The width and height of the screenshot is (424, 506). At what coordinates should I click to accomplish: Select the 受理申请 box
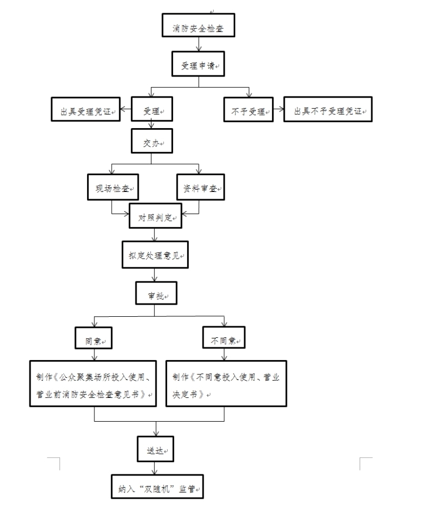click(x=198, y=65)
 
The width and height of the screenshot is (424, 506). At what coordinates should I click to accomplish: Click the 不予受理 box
click(x=248, y=110)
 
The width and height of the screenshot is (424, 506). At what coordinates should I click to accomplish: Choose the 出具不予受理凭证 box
click(x=327, y=110)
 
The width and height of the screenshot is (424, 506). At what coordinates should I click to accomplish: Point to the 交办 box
click(x=150, y=141)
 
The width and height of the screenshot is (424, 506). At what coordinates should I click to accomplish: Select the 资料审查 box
click(x=199, y=189)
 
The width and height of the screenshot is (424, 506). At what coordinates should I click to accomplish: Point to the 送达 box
click(x=156, y=448)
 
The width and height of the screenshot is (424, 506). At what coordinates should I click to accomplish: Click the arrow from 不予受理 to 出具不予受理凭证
click(x=277, y=111)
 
